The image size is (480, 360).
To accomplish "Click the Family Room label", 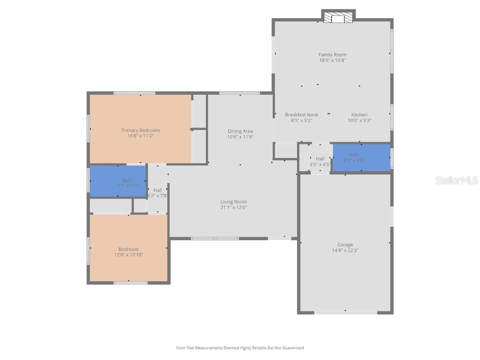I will point(332,55).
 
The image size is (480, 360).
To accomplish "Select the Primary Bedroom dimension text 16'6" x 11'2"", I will point(141,136).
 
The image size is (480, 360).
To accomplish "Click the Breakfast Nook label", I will point(301,115).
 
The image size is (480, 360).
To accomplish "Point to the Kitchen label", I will point(360,115).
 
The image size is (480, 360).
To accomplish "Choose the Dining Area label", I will point(240,131).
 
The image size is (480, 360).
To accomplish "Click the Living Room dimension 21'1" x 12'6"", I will point(233,208).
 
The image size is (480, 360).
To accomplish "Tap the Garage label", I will point(345,245).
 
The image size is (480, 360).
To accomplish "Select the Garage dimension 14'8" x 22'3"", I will point(345,251).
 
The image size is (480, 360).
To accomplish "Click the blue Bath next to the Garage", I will point(361,157).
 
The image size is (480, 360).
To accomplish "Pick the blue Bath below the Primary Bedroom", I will point(118,181).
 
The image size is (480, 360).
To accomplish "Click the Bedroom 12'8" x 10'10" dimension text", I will point(128,255).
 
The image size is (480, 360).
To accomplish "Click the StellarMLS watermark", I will point(457,180).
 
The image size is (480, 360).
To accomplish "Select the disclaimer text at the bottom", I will point(240,348).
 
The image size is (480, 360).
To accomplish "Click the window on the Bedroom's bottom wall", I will point(131,283).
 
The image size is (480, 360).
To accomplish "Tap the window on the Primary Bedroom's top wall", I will point(135,93).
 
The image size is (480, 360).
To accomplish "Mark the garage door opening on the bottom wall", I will point(345,312).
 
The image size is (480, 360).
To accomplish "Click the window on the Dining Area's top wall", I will point(240,93).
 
